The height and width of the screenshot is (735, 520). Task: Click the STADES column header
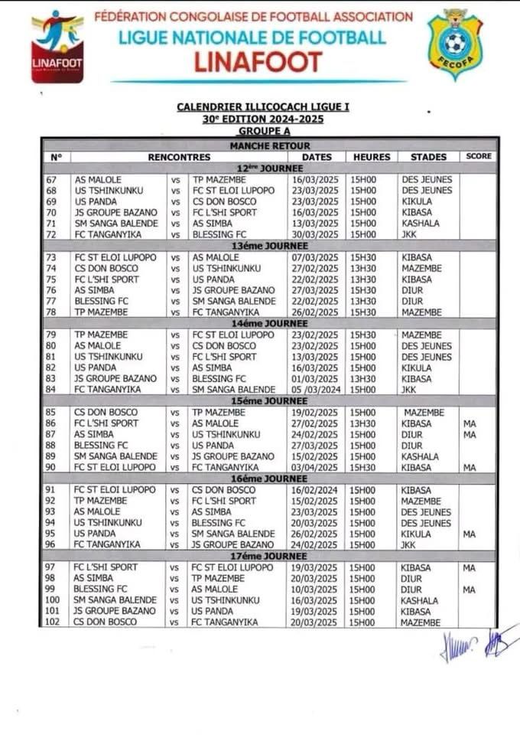(x=428, y=157)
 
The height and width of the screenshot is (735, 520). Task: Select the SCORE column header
(x=478, y=156)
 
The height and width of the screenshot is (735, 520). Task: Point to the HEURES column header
(x=372, y=157)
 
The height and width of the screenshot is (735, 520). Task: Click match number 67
(x=54, y=180)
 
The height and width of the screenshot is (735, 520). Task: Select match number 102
(x=54, y=622)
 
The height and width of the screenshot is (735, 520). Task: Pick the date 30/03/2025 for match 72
(x=311, y=234)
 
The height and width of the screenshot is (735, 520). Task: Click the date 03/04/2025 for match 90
(x=311, y=467)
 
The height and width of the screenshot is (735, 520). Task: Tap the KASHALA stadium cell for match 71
(x=420, y=224)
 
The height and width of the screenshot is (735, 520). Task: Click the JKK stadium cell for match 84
(x=409, y=390)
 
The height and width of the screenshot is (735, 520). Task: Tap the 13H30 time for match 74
(x=363, y=268)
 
